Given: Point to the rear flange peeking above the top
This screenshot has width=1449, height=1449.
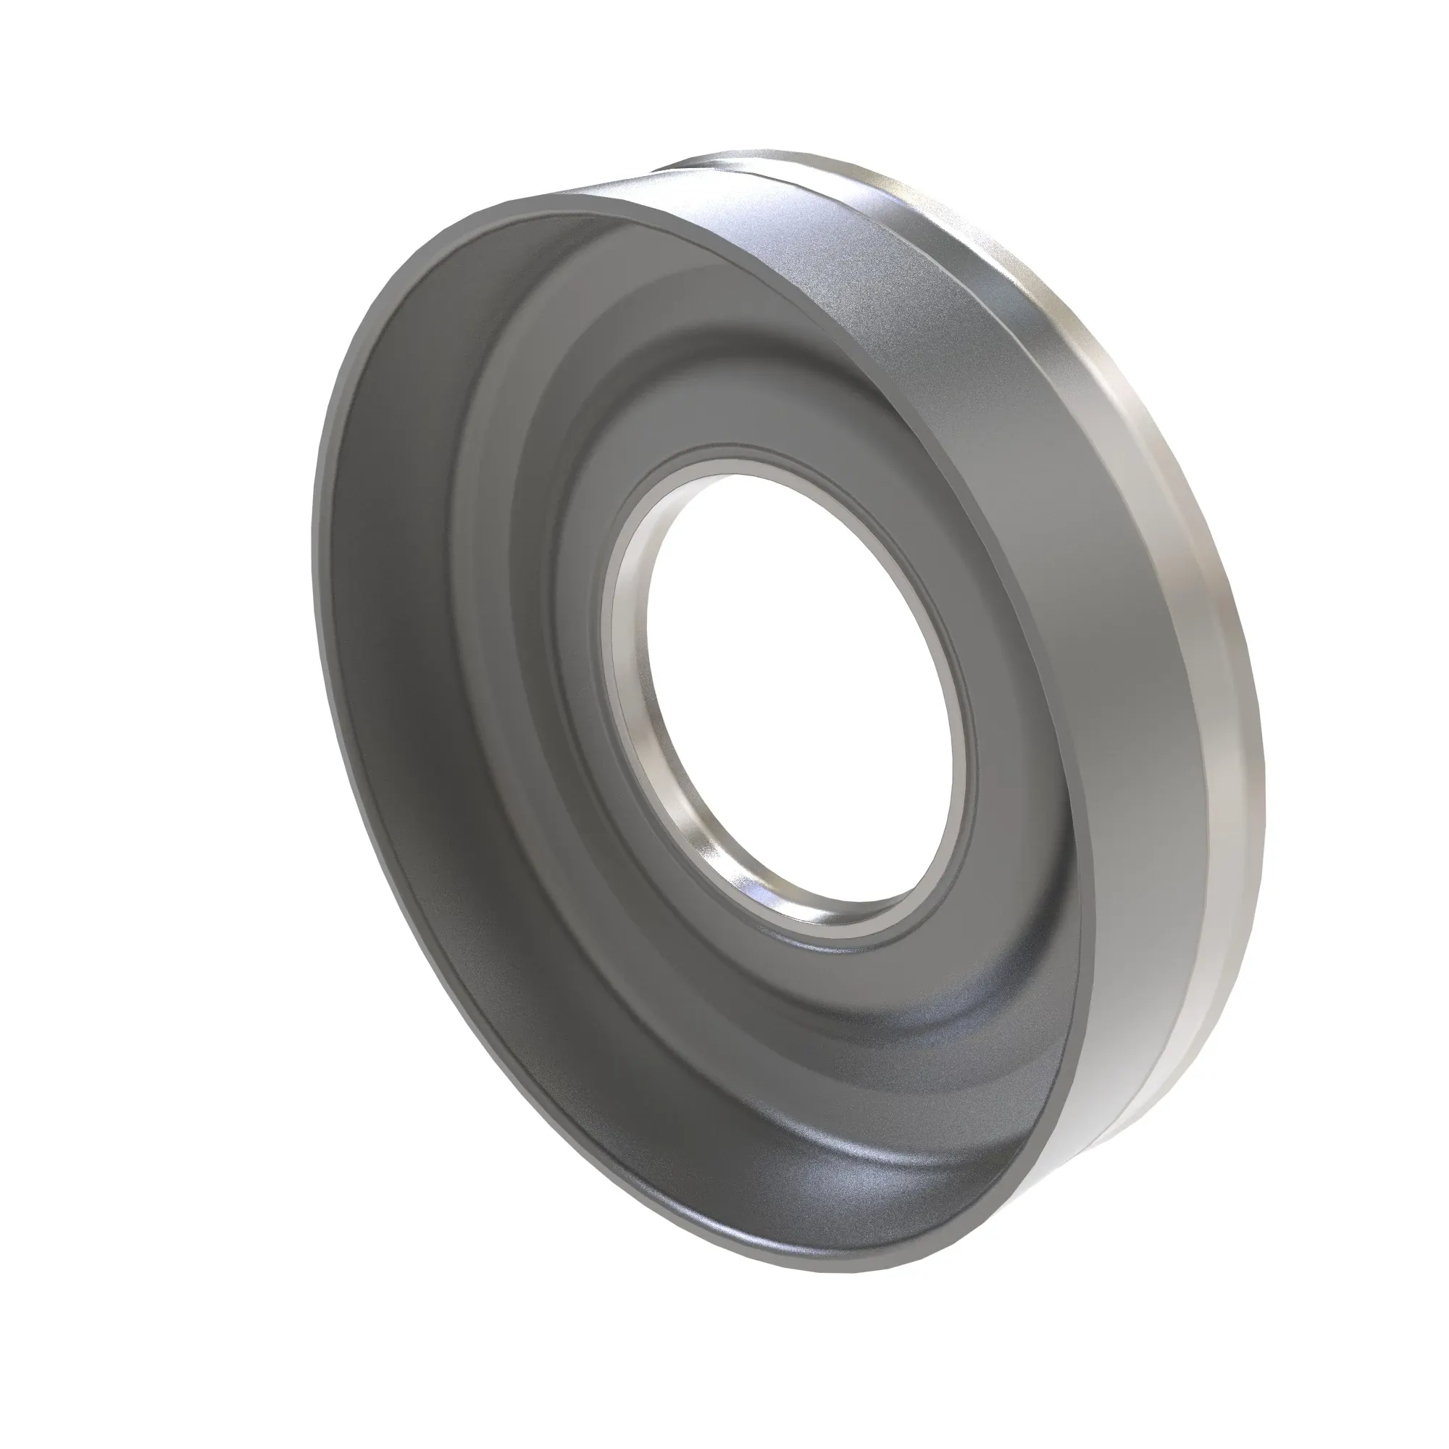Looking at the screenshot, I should click(x=750, y=162).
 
